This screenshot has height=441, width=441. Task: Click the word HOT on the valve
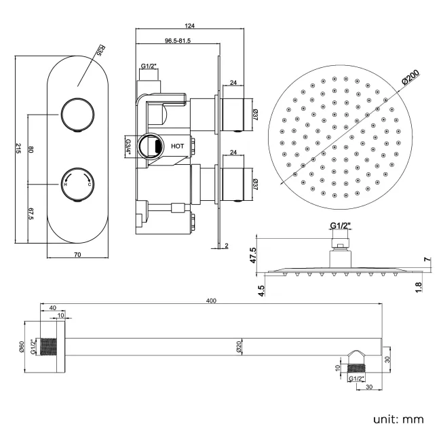point(177,145)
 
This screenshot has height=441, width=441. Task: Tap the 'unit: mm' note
point(398,419)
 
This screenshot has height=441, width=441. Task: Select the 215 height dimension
point(18,151)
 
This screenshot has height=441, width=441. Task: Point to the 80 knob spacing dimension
point(32,149)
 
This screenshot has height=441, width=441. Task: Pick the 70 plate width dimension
point(77,254)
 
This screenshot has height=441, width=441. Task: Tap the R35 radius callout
point(99,51)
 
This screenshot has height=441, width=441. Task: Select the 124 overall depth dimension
point(190,26)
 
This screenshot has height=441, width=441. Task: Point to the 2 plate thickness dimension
point(226,246)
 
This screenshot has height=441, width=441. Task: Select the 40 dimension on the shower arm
point(53,308)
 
